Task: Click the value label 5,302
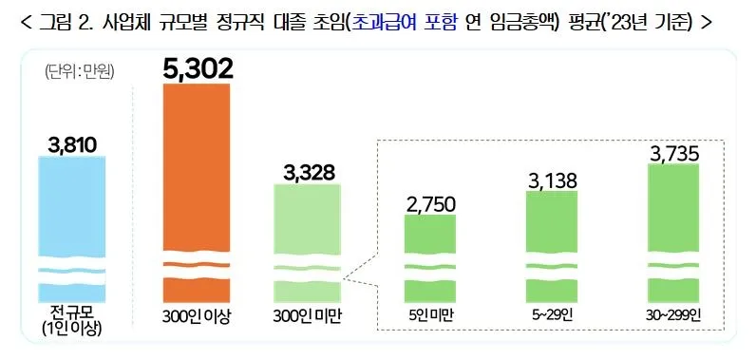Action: pyautogui.click(x=198, y=67)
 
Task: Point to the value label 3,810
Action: pyautogui.click(x=72, y=144)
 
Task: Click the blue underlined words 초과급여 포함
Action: pyautogui.click(x=406, y=22)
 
